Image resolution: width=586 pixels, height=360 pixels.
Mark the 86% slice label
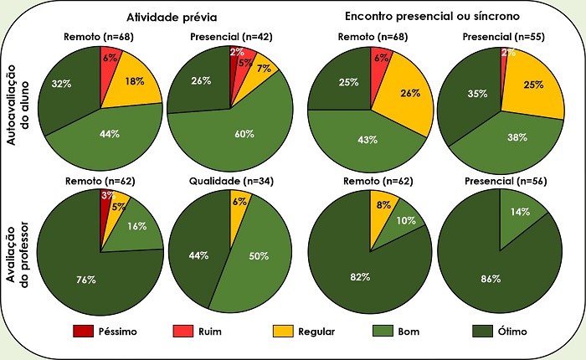point(491,278)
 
